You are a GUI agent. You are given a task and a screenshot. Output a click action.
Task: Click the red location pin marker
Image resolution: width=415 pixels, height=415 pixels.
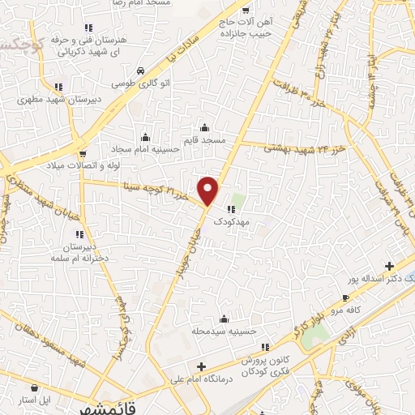coord(209,191)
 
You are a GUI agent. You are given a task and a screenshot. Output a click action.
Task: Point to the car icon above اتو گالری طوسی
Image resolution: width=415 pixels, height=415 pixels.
coord(141,71)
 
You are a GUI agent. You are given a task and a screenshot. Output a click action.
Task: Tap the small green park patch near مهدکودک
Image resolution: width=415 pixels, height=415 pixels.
coord(237,199)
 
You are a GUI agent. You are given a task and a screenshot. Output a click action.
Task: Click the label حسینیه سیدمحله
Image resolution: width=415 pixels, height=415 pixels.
coord(225,332)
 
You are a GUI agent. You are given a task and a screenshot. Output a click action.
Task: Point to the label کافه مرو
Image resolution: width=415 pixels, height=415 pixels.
coord(345,310)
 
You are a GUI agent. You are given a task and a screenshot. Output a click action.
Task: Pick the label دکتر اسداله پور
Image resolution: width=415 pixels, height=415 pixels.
coord(381,278)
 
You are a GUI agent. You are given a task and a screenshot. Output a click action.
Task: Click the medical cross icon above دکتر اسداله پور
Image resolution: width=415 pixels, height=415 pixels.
coord(389,265)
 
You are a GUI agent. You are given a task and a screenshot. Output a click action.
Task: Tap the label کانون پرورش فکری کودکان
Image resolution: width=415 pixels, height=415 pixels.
coord(263,362)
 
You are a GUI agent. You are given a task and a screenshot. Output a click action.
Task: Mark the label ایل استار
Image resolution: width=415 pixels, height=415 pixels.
coord(35,400)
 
